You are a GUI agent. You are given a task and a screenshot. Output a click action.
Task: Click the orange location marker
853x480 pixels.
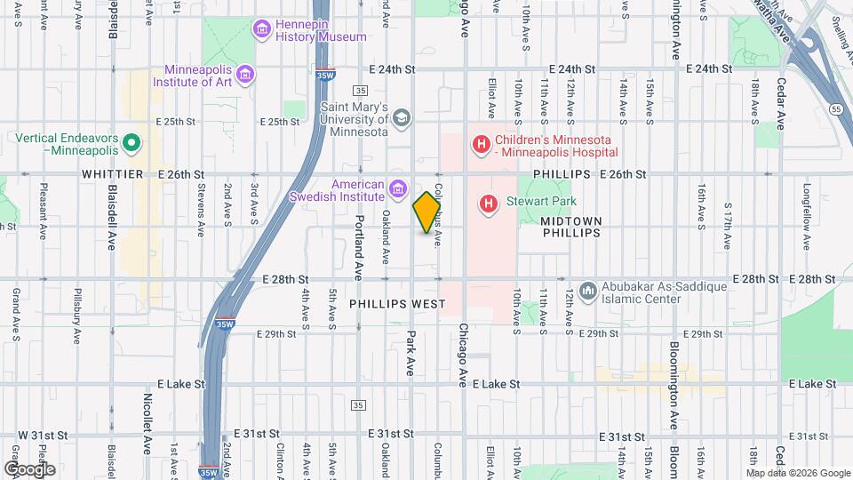(427, 212)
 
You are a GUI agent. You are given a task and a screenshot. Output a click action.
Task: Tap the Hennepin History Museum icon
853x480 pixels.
(262, 31)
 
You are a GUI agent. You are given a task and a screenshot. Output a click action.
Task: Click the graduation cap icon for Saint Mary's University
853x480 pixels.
(401, 117)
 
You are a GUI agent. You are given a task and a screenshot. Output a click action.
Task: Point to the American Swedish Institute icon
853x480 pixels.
(397, 188)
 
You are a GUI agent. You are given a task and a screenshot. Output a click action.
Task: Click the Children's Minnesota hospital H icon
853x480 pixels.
(481, 144)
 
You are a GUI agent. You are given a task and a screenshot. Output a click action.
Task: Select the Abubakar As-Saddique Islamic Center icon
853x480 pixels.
(587, 291)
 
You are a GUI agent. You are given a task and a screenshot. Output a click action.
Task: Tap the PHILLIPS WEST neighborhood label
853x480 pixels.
(396, 304)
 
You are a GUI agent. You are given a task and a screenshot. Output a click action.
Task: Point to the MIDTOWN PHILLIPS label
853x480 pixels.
(571, 227)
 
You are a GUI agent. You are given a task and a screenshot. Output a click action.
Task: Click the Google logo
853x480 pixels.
(29, 468)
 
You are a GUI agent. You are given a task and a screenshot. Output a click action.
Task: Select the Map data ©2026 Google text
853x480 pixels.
(797, 473)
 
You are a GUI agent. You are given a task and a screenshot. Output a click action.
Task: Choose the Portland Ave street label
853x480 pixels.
(360, 249)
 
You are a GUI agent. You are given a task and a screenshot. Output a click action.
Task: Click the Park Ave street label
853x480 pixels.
(411, 354)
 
